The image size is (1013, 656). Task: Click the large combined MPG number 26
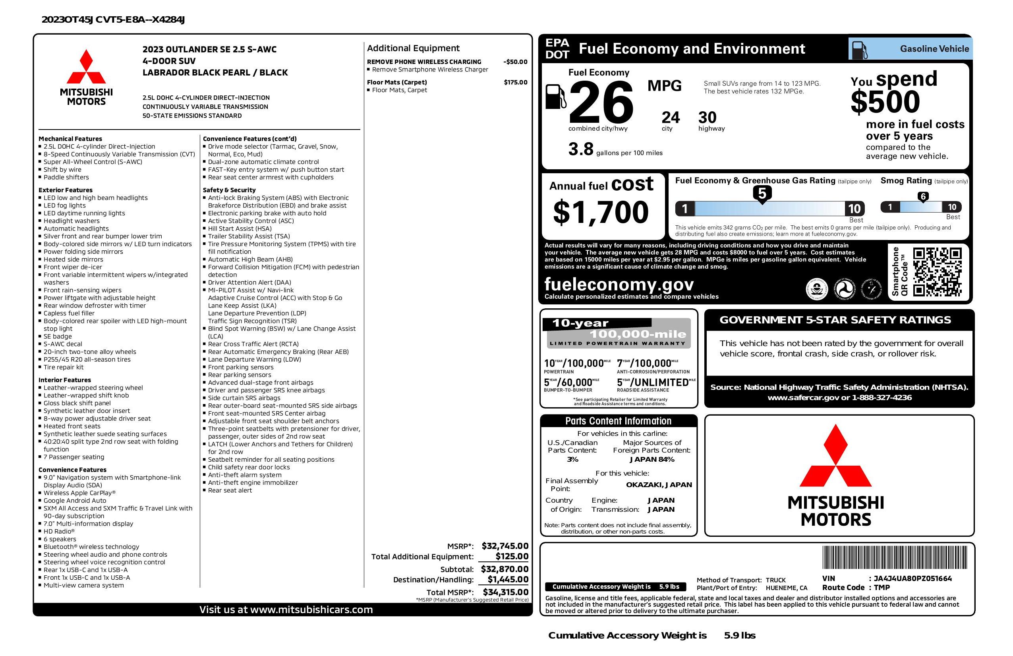tap(601, 103)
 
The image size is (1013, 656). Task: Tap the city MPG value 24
tap(671, 118)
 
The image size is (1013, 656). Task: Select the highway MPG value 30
tap(708, 118)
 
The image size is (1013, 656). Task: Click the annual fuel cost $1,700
tap(601, 213)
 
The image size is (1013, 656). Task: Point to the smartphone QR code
tap(937, 272)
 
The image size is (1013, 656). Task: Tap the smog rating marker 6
tap(923, 197)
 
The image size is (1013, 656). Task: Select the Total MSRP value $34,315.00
tap(505, 592)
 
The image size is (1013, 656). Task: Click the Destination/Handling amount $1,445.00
tap(507, 579)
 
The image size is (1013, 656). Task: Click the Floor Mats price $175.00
tap(516, 82)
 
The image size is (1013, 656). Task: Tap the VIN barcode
tap(894, 558)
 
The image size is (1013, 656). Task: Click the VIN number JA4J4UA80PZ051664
tap(912, 578)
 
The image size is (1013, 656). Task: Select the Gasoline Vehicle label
tap(934, 49)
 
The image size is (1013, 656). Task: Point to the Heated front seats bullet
tap(72, 426)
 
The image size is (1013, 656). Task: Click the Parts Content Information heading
tap(618, 421)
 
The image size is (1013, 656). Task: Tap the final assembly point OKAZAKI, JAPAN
tap(659, 484)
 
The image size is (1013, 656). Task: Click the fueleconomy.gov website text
tap(619, 284)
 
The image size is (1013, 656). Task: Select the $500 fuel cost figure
tap(885, 102)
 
